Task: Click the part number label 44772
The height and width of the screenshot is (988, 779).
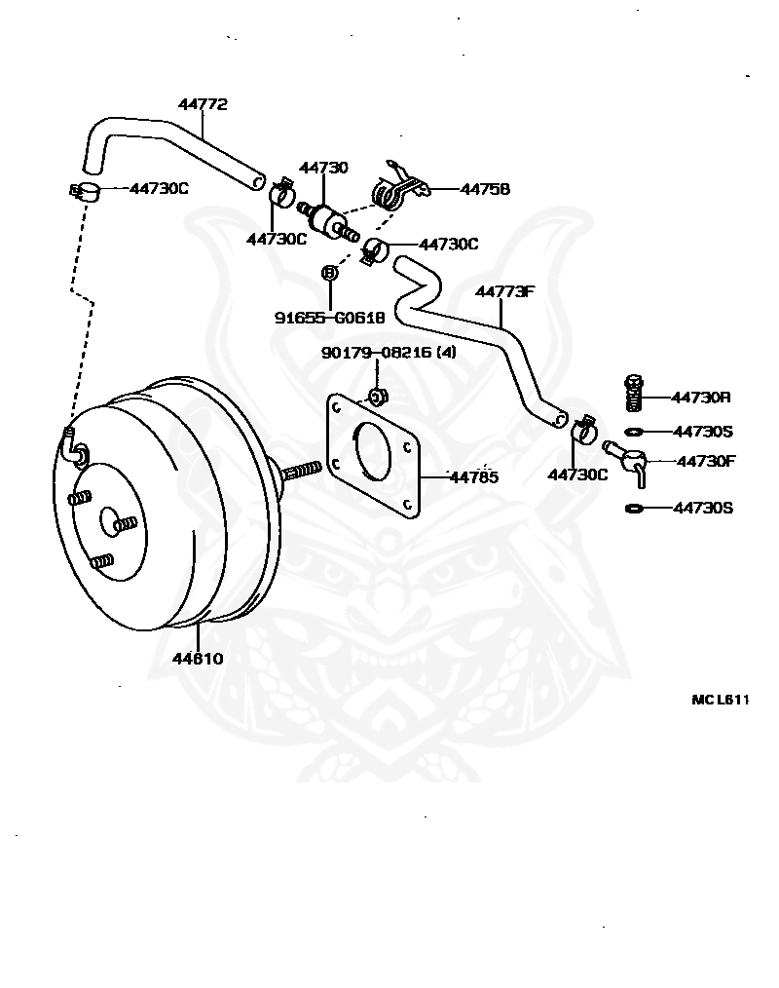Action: coord(203,104)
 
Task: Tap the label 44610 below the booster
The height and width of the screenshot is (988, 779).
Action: coord(198,659)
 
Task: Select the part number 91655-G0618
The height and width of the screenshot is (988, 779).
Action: coord(329,318)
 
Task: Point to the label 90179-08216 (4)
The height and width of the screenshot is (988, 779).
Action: coord(389,352)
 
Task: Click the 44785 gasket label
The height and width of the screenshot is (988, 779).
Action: coord(474,477)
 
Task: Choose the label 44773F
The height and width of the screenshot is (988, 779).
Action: coord(504,291)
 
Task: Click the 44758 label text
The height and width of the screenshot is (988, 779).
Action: coord(486,189)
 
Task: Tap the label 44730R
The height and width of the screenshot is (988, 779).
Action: coord(701,397)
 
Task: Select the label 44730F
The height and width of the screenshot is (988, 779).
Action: coord(706,461)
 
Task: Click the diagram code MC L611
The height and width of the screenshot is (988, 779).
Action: coord(721,700)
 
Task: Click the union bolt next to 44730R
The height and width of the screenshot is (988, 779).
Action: coord(634,393)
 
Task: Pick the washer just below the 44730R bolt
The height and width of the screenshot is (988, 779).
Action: coord(634,432)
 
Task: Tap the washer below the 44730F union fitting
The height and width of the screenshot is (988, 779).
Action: coord(634,508)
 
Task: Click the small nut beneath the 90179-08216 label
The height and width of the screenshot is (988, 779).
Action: coord(378,397)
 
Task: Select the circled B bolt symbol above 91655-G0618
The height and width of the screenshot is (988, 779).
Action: coord(329,273)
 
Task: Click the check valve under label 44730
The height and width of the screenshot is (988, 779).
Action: coord(328,222)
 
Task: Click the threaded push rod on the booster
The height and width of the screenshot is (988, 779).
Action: coord(301,471)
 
